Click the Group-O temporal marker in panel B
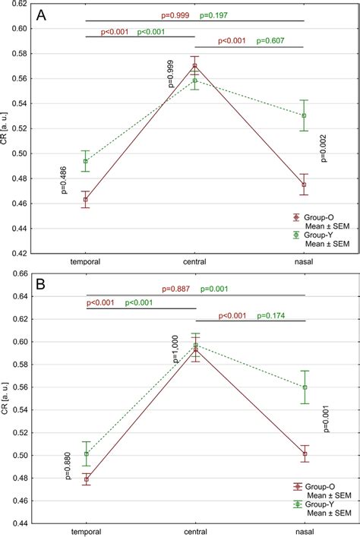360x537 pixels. click(86, 480)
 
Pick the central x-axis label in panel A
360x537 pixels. click(195, 241)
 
